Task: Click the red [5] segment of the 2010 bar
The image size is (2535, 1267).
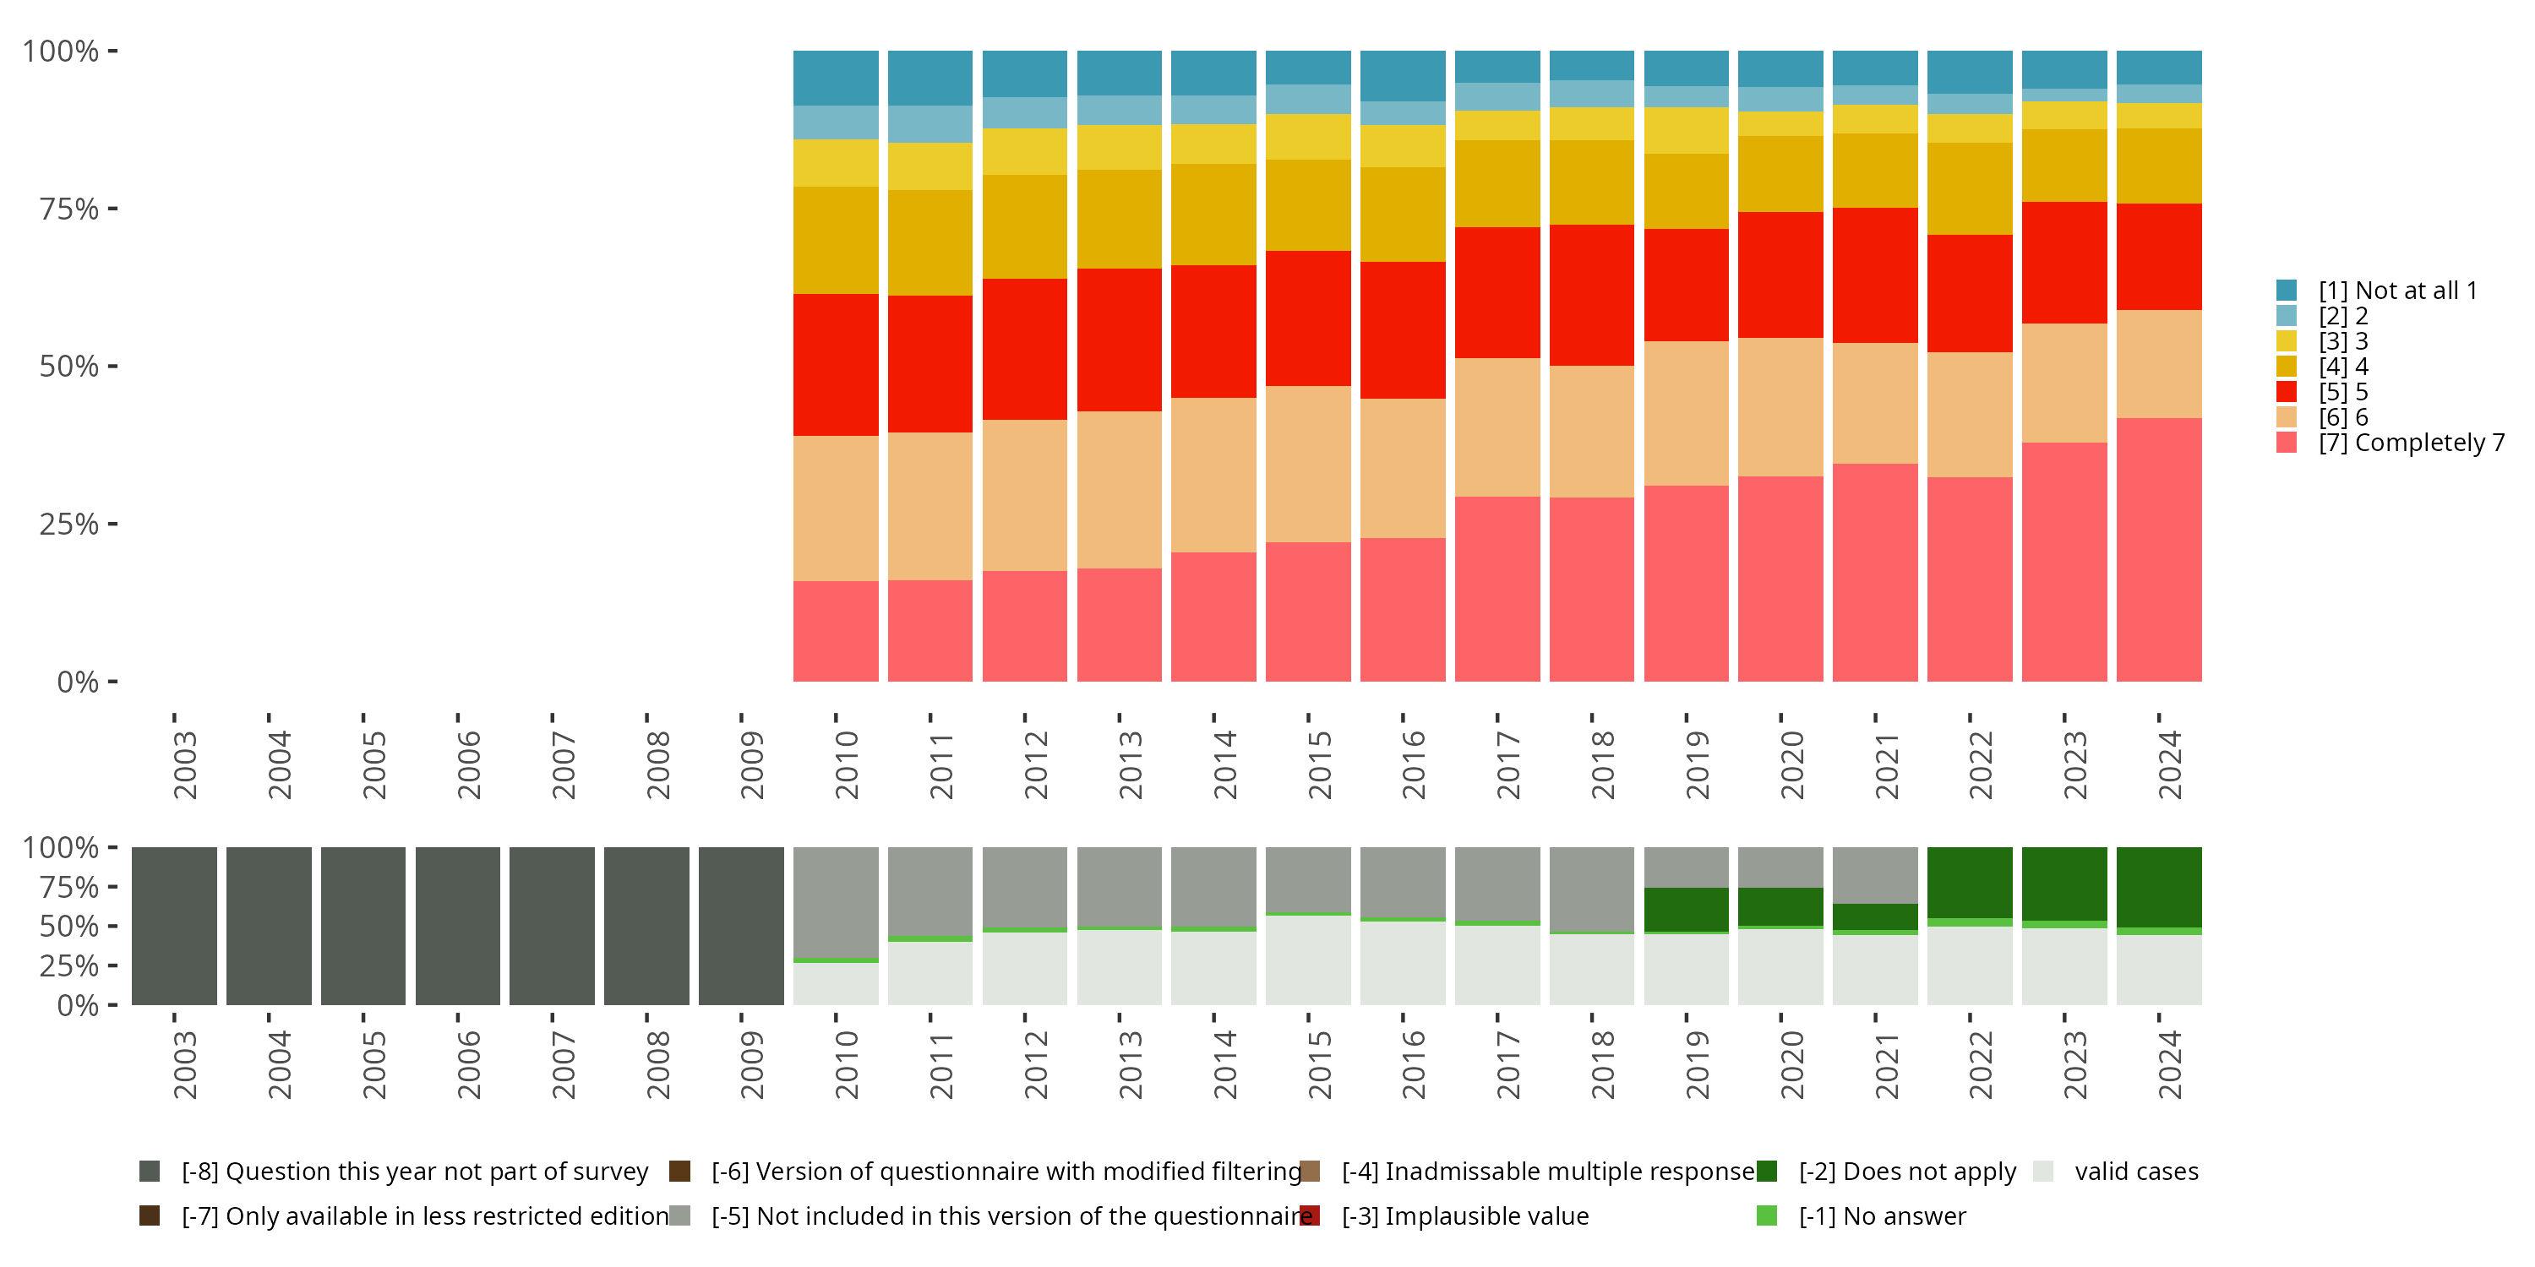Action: click(x=836, y=364)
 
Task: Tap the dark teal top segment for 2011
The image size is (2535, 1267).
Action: click(x=930, y=78)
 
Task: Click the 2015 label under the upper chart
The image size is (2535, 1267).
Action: click(x=1319, y=764)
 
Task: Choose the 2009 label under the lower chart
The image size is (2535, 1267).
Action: click(x=751, y=1064)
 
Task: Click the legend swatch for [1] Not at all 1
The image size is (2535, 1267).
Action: click(x=2286, y=291)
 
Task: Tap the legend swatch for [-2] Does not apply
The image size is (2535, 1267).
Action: click(x=1766, y=1171)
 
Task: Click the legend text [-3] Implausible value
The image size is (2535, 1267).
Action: click(x=1464, y=1215)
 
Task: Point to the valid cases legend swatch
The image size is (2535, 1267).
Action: click(x=2043, y=1171)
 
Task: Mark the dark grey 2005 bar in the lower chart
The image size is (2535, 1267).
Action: click(x=363, y=926)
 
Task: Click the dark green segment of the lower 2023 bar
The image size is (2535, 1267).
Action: click(x=2063, y=884)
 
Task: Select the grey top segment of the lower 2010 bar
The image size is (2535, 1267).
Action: click(x=836, y=901)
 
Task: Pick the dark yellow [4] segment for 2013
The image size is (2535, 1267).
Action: click(x=1119, y=219)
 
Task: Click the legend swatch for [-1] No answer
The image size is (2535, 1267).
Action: click(x=1766, y=1215)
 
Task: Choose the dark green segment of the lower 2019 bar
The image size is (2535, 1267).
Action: click(x=1686, y=909)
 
